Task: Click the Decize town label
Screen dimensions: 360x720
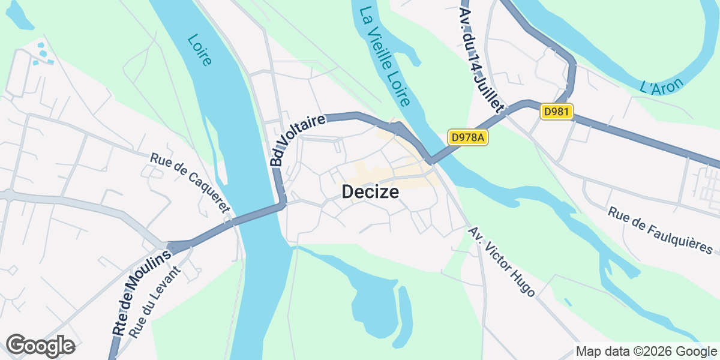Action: pyautogui.click(x=370, y=192)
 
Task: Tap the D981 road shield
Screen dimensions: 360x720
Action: pyautogui.click(x=557, y=111)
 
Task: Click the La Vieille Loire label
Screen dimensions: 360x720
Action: pyautogui.click(x=384, y=57)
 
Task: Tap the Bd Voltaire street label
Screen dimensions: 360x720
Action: pyautogui.click(x=296, y=140)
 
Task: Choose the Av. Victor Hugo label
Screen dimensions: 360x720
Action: pyautogui.click(x=502, y=262)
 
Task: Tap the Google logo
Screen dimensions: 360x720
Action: pyautogui.click(x=40, y=346)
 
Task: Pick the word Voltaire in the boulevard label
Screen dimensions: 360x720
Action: pyautogui.click(x=305, y=131)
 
